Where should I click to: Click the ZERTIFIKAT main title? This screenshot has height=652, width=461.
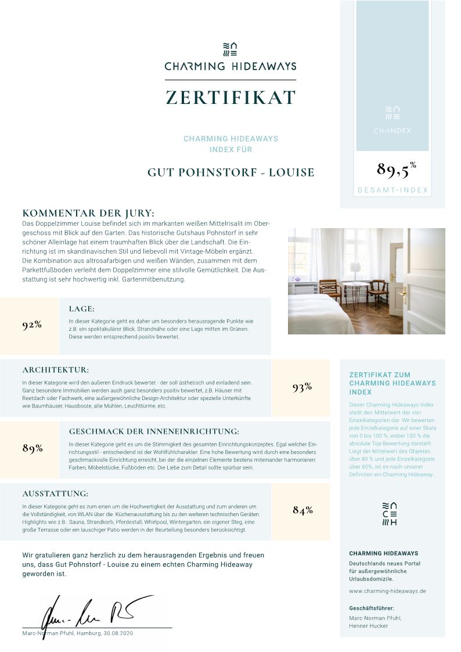click(230, 98)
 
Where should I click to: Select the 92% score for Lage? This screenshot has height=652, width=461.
click(32, 325)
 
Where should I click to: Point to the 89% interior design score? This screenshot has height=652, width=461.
click(33, 448)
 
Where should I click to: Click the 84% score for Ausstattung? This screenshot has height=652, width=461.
click(302, 510)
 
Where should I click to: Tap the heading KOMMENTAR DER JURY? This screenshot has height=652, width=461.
click(88, 213)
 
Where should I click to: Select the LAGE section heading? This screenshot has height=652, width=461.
click(81, 309)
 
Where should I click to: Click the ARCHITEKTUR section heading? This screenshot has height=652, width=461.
click(56, 370)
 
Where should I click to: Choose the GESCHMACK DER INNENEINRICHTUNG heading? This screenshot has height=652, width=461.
click(154, 431)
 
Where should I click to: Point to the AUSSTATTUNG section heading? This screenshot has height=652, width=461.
click(55, 493)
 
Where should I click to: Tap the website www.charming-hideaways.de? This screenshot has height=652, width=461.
click(387, 591)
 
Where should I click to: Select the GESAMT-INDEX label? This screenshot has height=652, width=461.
click(392, 190)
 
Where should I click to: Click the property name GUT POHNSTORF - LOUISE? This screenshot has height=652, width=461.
click(230, 172)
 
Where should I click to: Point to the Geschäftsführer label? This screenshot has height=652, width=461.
click(372, 608)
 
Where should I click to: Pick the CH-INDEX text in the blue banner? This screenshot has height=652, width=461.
click(392, 131)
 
